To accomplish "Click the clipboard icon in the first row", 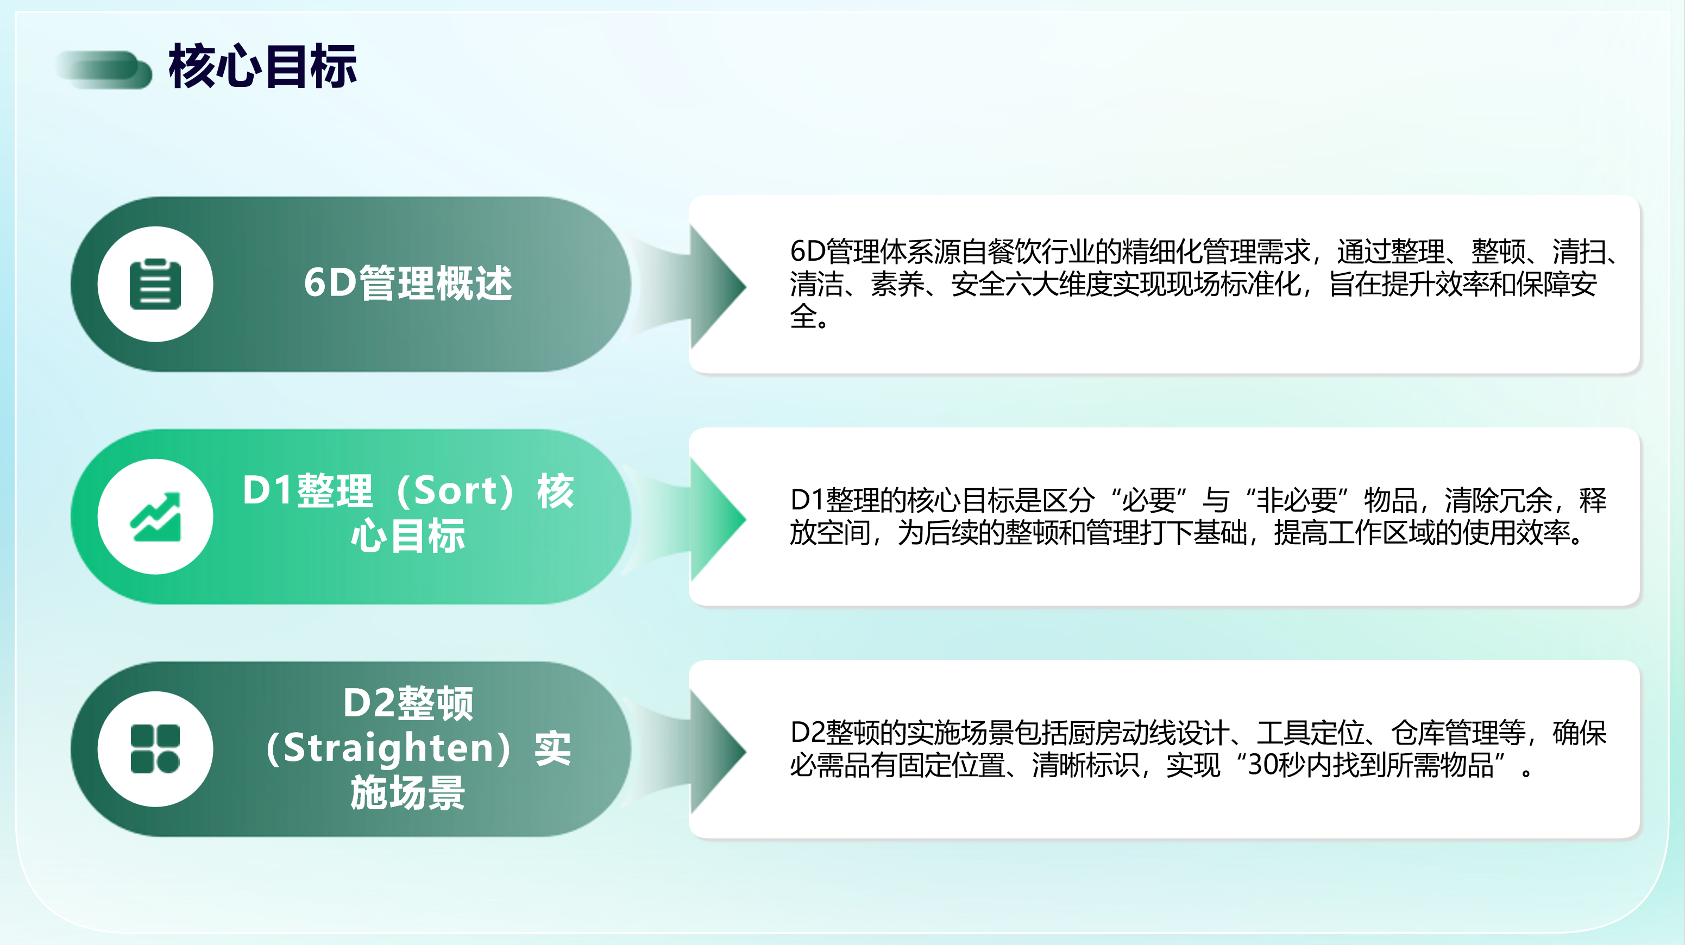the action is pos(155,284).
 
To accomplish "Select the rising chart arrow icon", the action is pos(155,516).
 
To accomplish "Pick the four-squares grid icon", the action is pos(155,749).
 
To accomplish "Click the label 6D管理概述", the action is pos(408,283).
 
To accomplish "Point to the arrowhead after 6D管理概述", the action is pos(717,286).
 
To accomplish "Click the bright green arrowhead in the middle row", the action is pos(717,519).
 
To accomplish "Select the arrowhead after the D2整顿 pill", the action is pos(717,751).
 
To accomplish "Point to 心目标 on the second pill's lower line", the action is pos(408,535).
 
